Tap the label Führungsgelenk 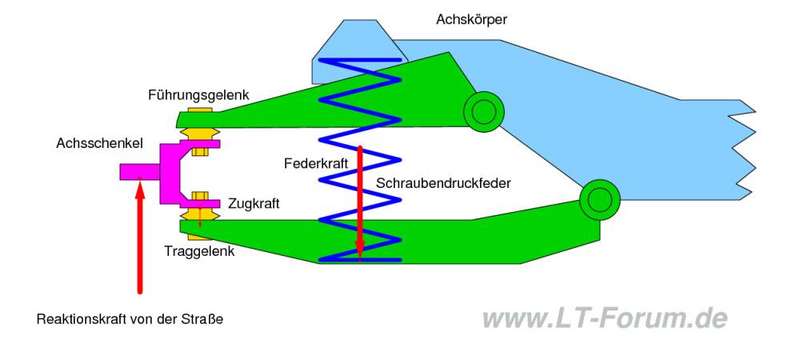click(x=198, y=95)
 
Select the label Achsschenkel click(x=99, y=143)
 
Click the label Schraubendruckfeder click(x=442, y=183)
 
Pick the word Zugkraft click(x=254, y=204)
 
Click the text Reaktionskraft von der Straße click(x=130, y=319)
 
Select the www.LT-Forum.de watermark click(x=605, y=318)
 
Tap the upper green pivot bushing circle click(x=482, y=111)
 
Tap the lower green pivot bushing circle click(x=599, y=199)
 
